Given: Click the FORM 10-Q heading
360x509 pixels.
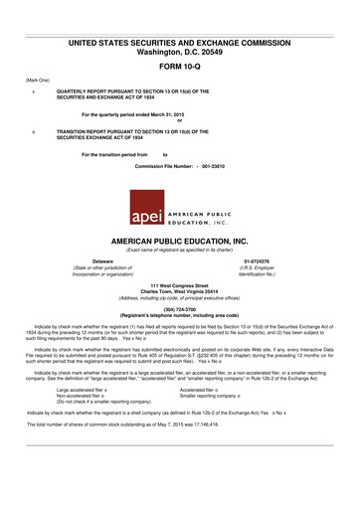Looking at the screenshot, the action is (x=180, y=64).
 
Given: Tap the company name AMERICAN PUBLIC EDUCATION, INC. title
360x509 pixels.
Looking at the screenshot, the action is (x=180, y=243).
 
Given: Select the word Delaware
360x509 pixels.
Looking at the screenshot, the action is (x=92, y=261).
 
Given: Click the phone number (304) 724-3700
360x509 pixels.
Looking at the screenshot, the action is (x=179, y=308).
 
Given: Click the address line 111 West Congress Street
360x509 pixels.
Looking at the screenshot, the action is (x=179, y=285).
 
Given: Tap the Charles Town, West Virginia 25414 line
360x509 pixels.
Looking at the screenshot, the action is (x=179, y=292).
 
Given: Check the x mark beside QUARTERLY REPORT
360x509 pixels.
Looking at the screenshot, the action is (x=34, y=90).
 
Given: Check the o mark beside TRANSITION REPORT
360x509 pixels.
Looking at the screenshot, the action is (x=34, y=130).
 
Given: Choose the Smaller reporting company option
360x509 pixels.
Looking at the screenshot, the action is (x=213, y=398).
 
